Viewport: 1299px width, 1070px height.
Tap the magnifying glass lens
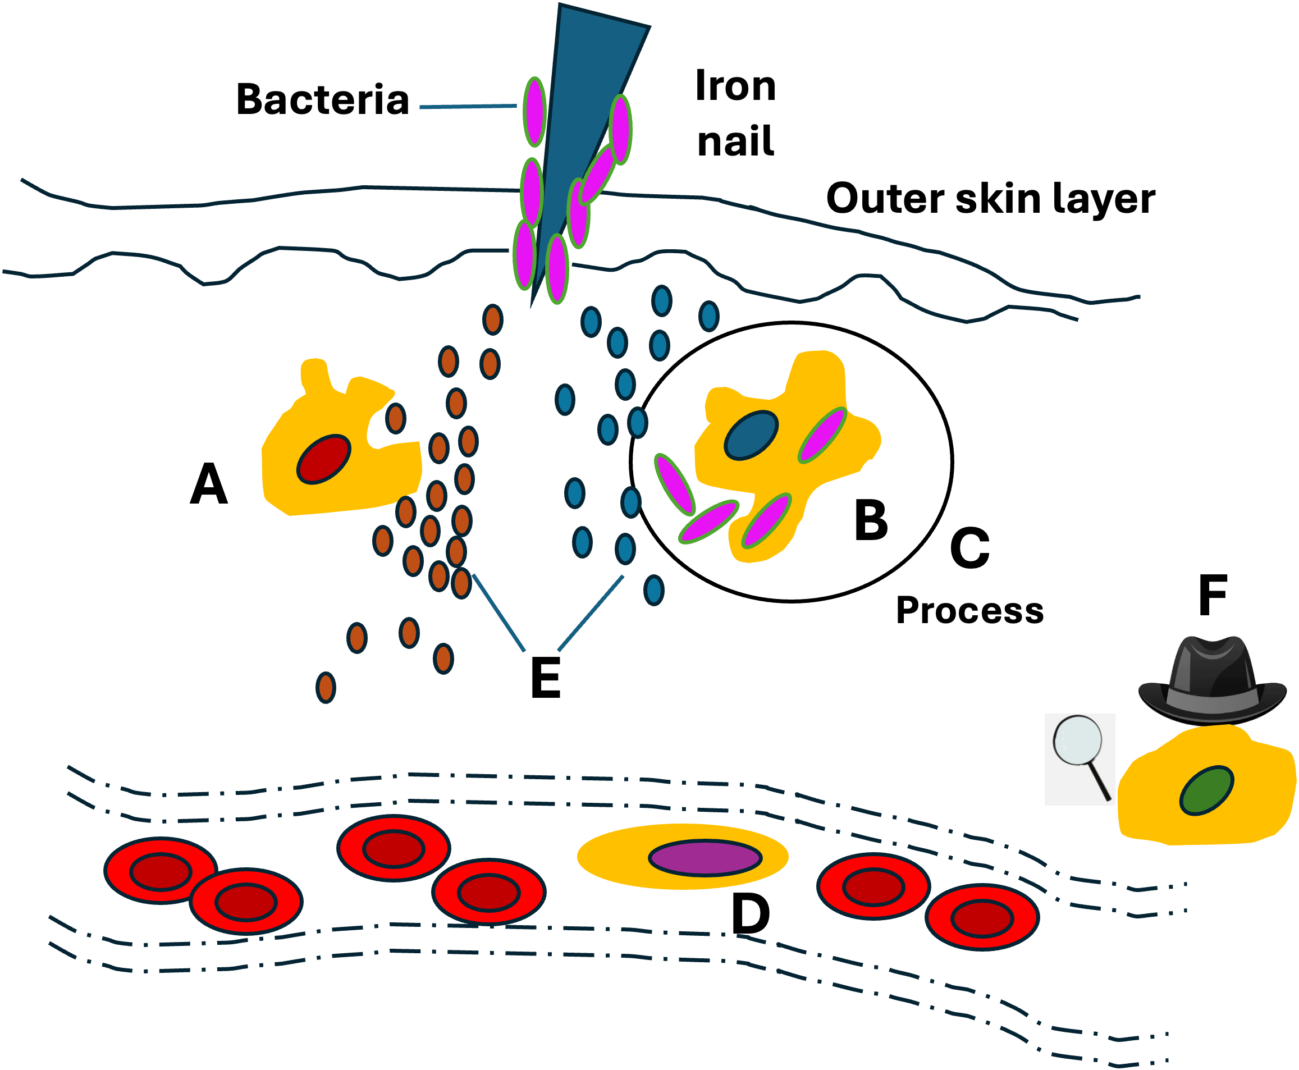(1077, 740)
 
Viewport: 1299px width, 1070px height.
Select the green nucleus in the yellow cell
(1206, 791)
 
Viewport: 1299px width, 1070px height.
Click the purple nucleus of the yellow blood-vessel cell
(705, 858)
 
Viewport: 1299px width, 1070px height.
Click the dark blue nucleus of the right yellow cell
(751, 435)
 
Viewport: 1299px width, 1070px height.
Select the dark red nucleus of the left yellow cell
(323, 459)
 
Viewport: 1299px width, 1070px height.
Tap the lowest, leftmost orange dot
(326, 687)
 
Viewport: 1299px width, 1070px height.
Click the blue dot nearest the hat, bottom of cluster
(654, 591)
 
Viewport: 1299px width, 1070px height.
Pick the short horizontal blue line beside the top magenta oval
(467, 107)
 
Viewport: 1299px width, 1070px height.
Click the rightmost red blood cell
(982, 918)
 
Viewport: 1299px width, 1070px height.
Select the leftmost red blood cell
(160, 871)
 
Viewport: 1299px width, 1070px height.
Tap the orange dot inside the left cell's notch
(395, 418)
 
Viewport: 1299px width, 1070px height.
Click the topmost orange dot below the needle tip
(492, 320)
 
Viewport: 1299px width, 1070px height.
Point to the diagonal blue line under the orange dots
(498, 612)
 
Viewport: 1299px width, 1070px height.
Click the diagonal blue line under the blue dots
(591, 613)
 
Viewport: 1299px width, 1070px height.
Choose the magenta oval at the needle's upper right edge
(620, 130)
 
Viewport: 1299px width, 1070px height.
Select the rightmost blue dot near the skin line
(708, 316)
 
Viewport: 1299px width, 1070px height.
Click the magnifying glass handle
(1099, 781)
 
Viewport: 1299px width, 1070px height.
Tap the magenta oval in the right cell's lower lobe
(766, 521)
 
